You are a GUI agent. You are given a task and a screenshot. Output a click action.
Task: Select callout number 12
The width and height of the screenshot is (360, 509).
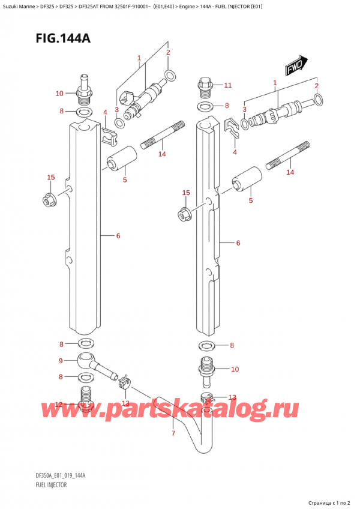point(59,405)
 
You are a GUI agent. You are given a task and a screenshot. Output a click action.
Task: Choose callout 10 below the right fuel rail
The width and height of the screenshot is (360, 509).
point(235,369)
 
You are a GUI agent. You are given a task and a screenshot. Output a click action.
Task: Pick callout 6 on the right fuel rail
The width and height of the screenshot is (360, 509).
point(238,243)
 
